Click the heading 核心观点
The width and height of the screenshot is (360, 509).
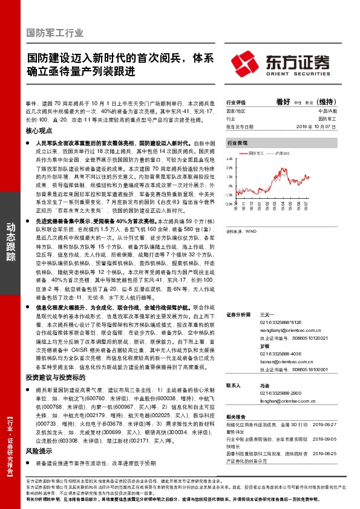point(39,130)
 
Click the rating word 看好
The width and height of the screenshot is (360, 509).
point(284,102)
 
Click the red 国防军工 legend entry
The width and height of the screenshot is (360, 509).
point(257,154)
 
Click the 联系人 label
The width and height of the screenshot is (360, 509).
point(234,385)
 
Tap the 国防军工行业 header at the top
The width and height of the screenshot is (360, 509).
point(55,33)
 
